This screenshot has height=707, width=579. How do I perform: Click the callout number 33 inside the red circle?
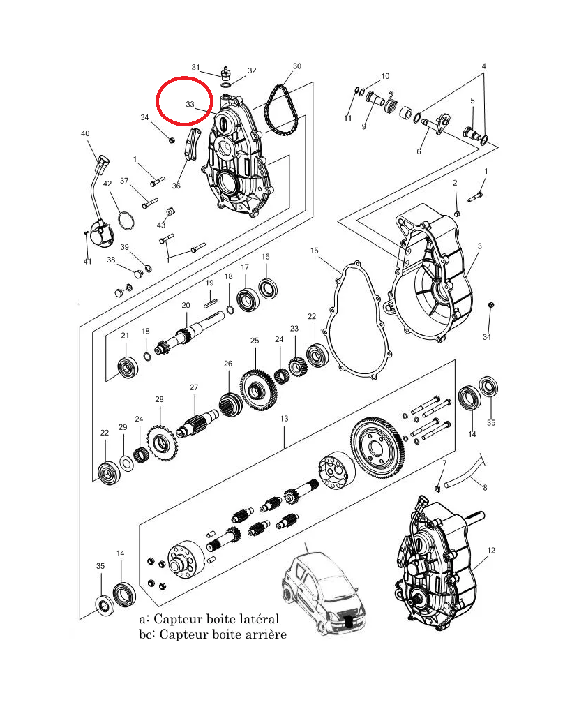[x=190, y=104]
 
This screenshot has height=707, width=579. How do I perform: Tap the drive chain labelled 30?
[x=282, y=112]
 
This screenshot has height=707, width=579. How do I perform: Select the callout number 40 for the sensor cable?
[x=85, y=133]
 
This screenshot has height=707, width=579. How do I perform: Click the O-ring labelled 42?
[x=126, y=221]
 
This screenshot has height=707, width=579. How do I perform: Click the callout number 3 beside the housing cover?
[x=480, y=247]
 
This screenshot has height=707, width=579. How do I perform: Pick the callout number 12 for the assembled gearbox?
[x=490, y=551]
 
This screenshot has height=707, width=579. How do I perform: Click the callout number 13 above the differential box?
[x=284, y=419]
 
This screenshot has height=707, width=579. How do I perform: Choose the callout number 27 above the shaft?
[x=194, y=387]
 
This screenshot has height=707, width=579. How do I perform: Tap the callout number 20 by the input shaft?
[x=186, y=306]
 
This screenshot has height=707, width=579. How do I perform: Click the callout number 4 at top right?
[x=483, y=66]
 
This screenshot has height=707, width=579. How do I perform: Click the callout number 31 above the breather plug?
[x=196, y=67]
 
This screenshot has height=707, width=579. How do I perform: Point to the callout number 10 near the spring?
[x=385, y=76]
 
